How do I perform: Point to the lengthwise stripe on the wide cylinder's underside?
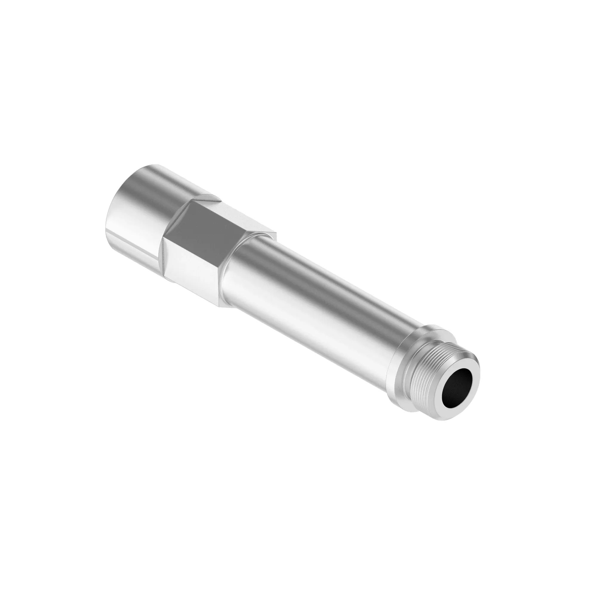coord(133,253)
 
